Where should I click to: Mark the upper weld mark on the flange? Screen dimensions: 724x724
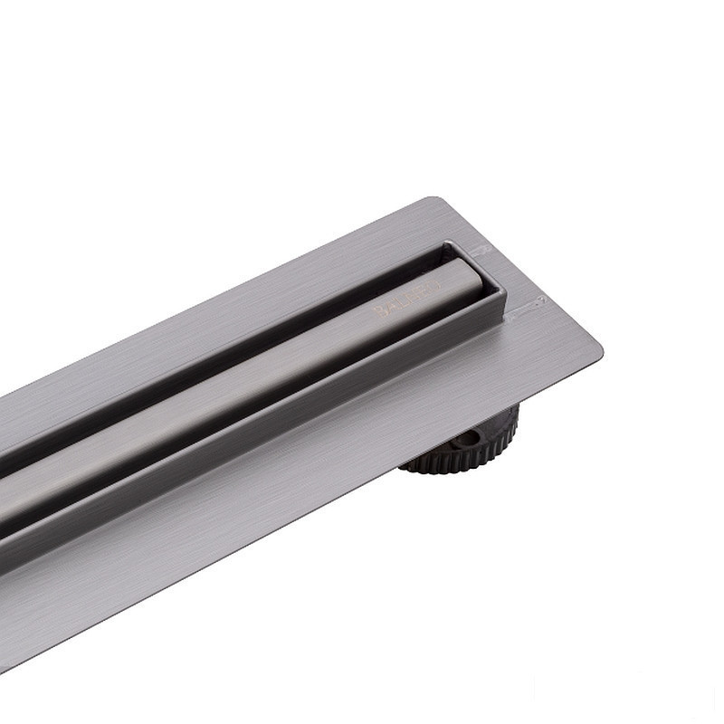pyautogui.click(x=482, y=249)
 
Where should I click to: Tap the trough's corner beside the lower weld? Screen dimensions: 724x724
pyautogui.click(x=503, y=300)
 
